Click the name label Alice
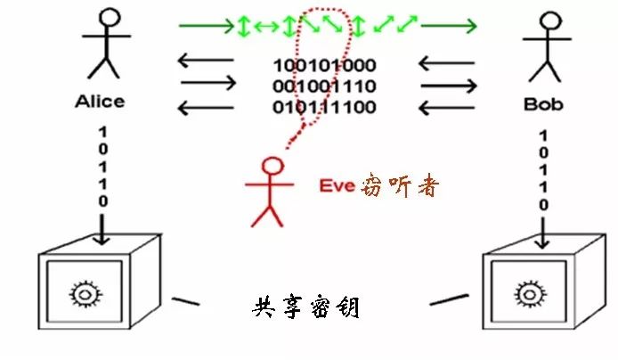pyautogui.click(x=100, y=101)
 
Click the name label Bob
pyautogui.click(x=542, y=103)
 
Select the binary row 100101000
pyautogui.click(x=324, y=65)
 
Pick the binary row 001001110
pyautogui.click(x=324, y=86)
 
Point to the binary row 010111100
pyautogui.click(x=324, y=108)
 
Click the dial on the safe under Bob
pyautogui.click(x=526, y=291)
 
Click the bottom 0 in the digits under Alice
pyautogui.click(x=103, y=202)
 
